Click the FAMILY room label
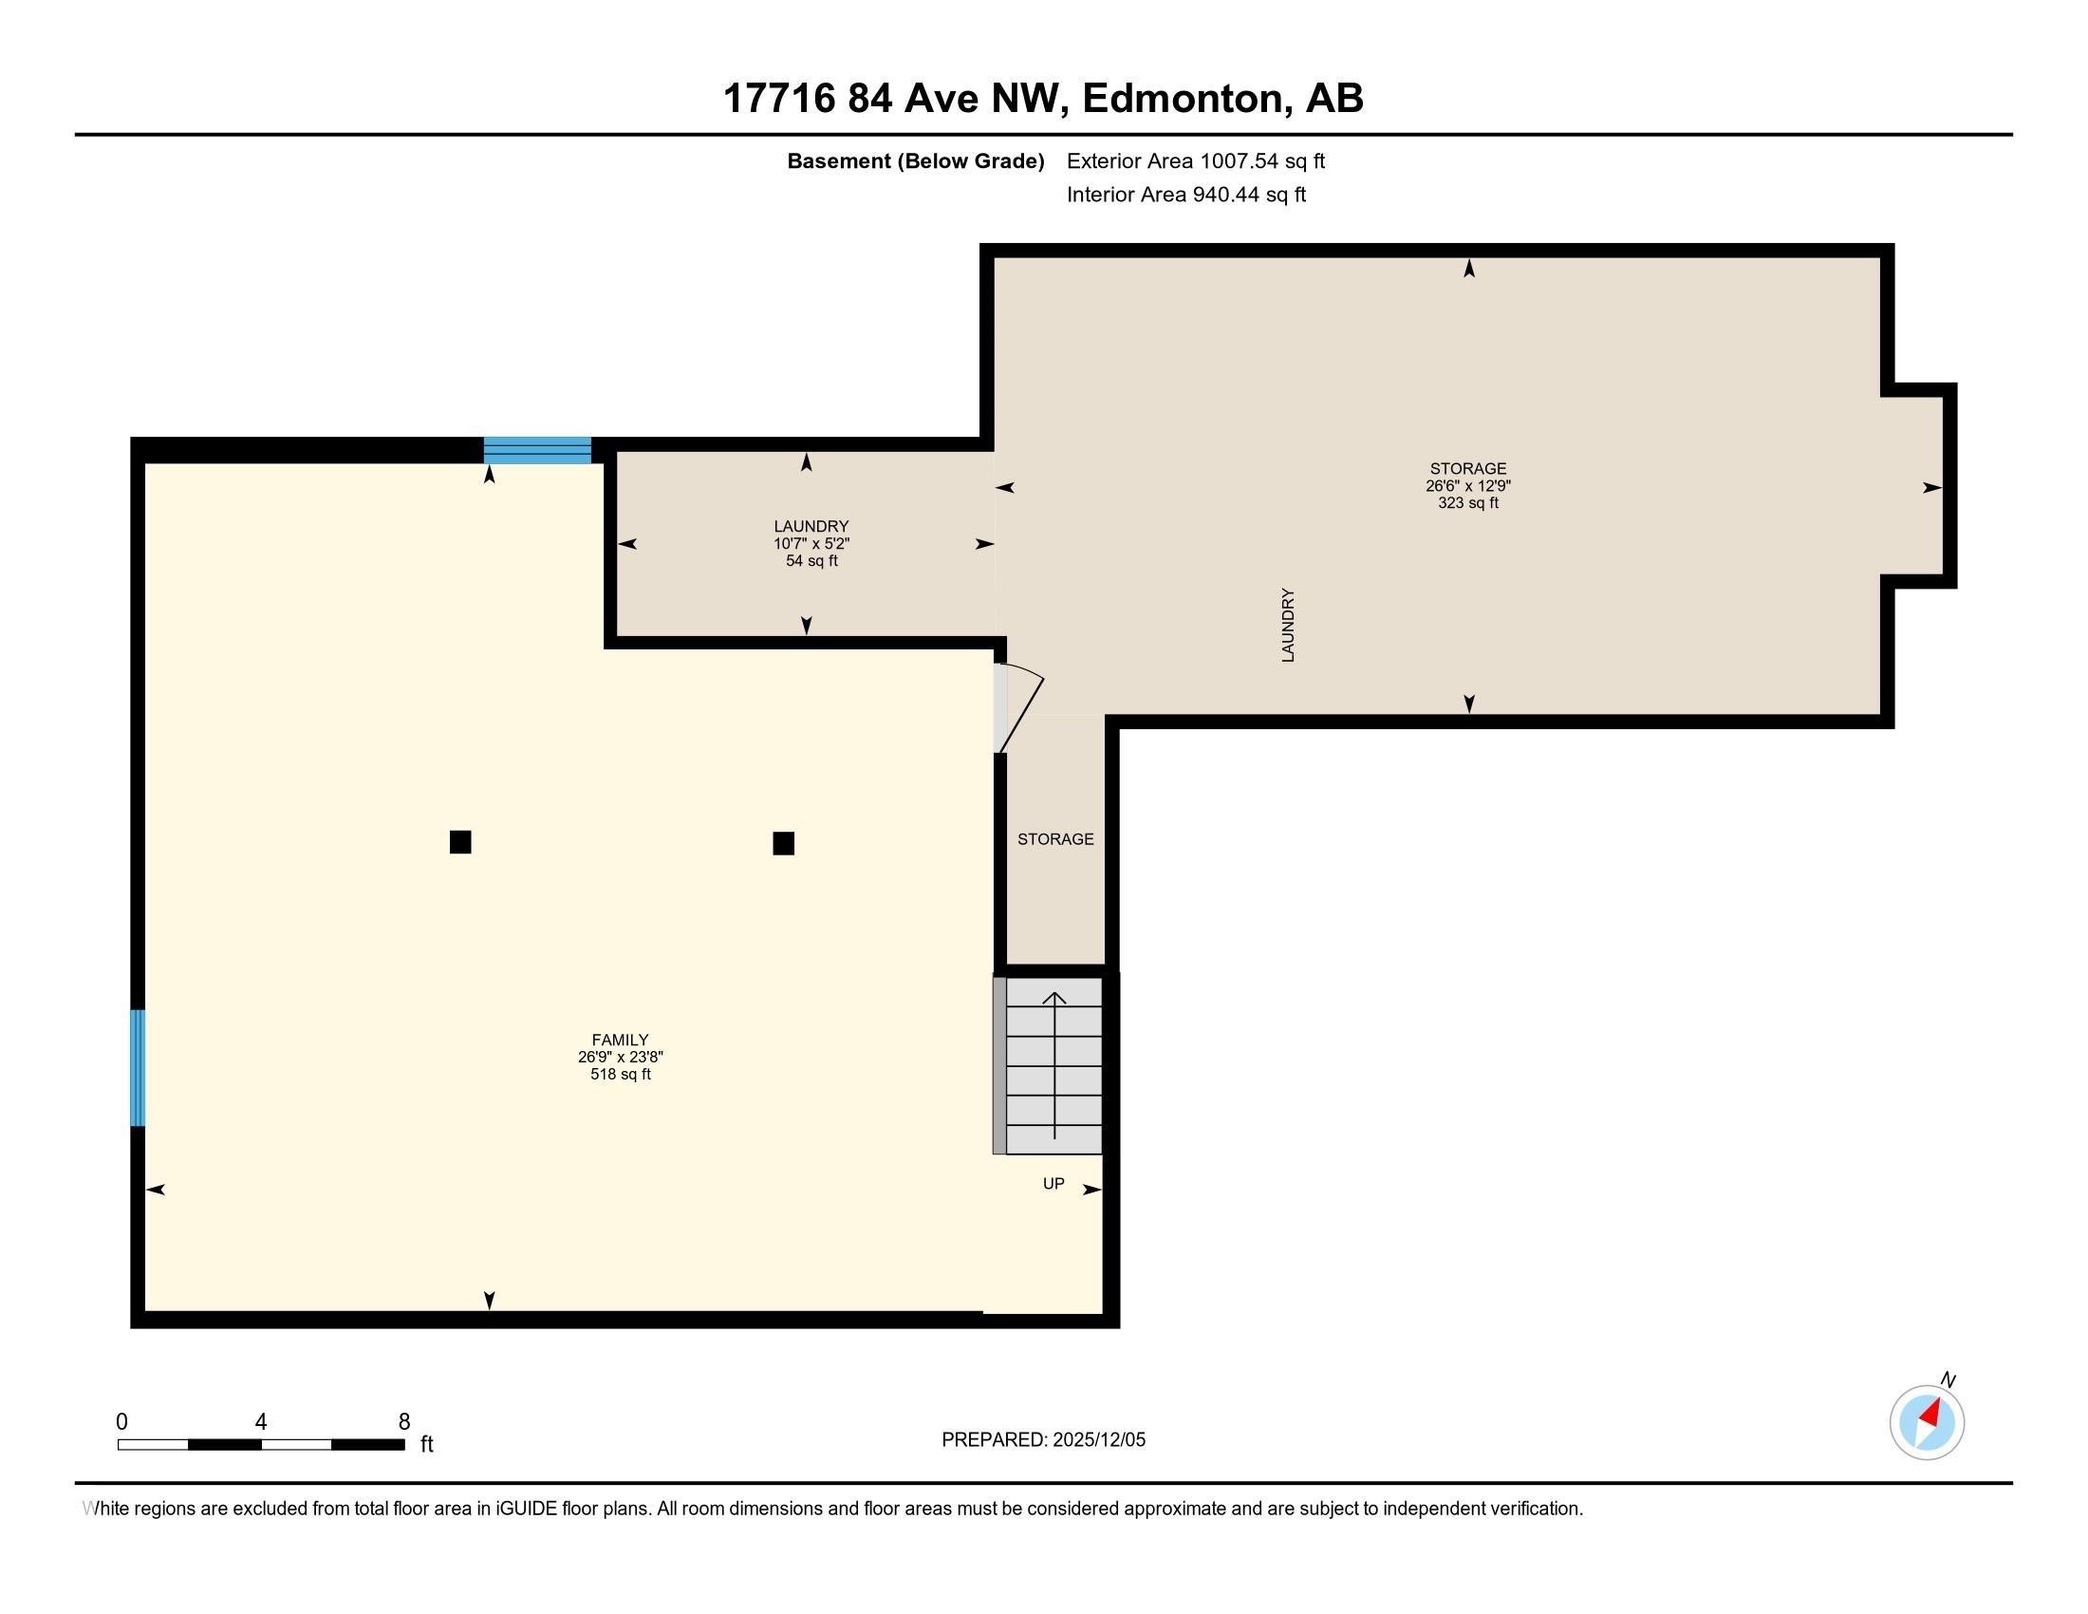(x=620, y=1040)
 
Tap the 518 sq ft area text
(x=620, y=1074)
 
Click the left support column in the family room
(x=460, y=841)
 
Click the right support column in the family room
(x=783, y=843)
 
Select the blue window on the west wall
(x=138, y=1067)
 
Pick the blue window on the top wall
(x=536, y=449)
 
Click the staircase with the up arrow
(x=1053, y=1065)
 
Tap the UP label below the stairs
(x=1053, y=1184)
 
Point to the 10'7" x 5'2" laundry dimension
(x=811, y=543)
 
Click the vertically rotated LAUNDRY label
(x=1288, y=625)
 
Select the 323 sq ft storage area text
(x=1467, y=503)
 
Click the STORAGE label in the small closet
(x=1054, y=838)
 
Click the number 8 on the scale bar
(x=404, y=1421)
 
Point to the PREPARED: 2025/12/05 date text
(x=1043, y=1439)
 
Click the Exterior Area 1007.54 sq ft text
(x=1195, y=160)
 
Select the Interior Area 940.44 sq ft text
(x=1185, y=194)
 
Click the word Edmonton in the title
(x=1182, y=98)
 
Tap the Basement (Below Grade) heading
(x=915, y=160)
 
